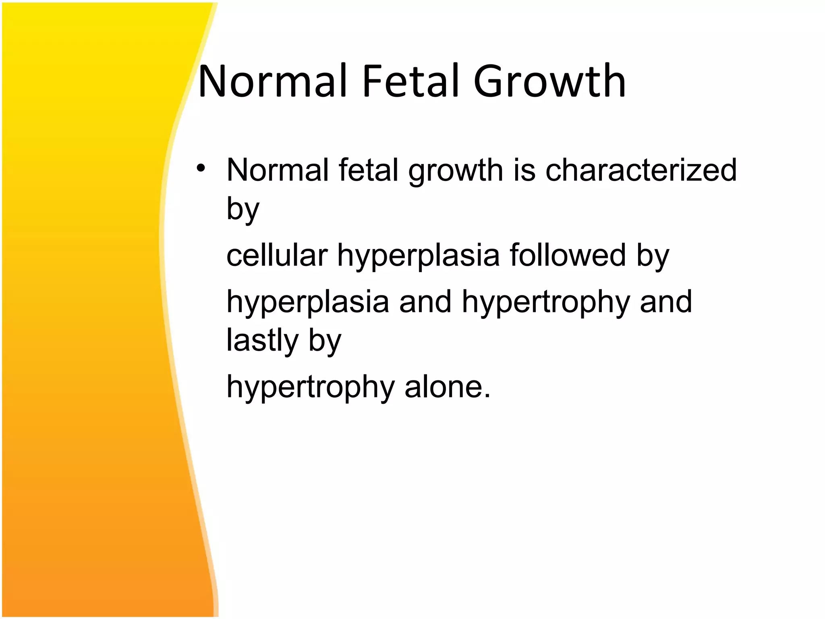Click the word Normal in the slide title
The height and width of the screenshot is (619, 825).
273,82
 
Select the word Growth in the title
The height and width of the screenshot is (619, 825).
549,82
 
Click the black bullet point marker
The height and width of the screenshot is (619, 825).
201,168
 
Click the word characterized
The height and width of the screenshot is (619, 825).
641,170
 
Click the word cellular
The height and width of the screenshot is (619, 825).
277,255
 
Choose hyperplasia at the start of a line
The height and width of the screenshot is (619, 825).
308,303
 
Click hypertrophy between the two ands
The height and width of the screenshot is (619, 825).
546,303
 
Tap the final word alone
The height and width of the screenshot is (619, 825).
447,386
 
